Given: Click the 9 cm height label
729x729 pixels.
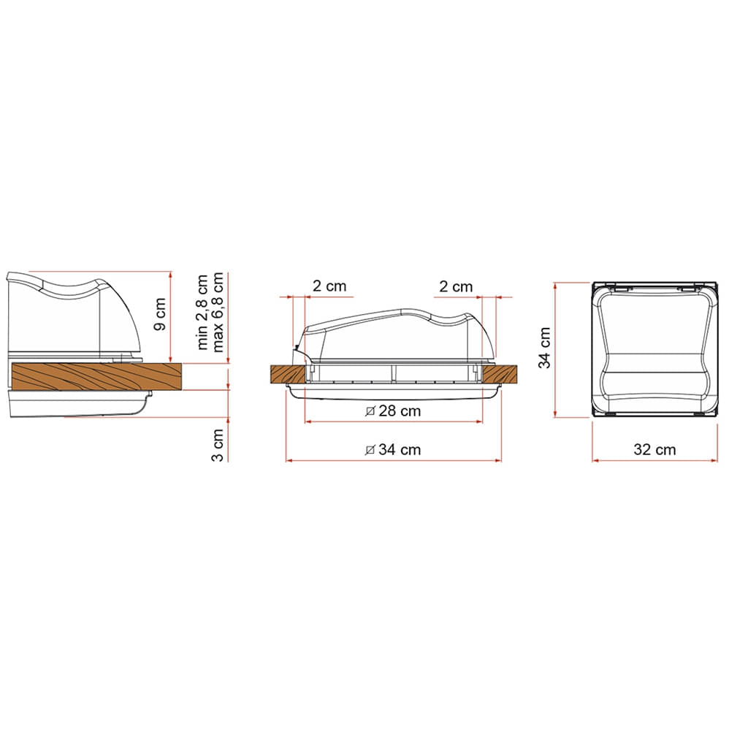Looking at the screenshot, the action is tap(159, 314).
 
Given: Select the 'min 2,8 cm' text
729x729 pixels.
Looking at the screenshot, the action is tap(202, 311).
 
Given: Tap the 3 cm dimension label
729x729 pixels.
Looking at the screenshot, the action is tap(217, 445).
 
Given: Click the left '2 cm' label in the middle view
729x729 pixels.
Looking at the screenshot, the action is tap(329, 286).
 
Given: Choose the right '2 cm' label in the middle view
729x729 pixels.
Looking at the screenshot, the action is tap(456, 286).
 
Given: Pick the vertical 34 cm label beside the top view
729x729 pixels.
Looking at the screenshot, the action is tap(544, 348).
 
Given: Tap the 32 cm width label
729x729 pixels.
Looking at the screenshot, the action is tap(654, 449).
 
